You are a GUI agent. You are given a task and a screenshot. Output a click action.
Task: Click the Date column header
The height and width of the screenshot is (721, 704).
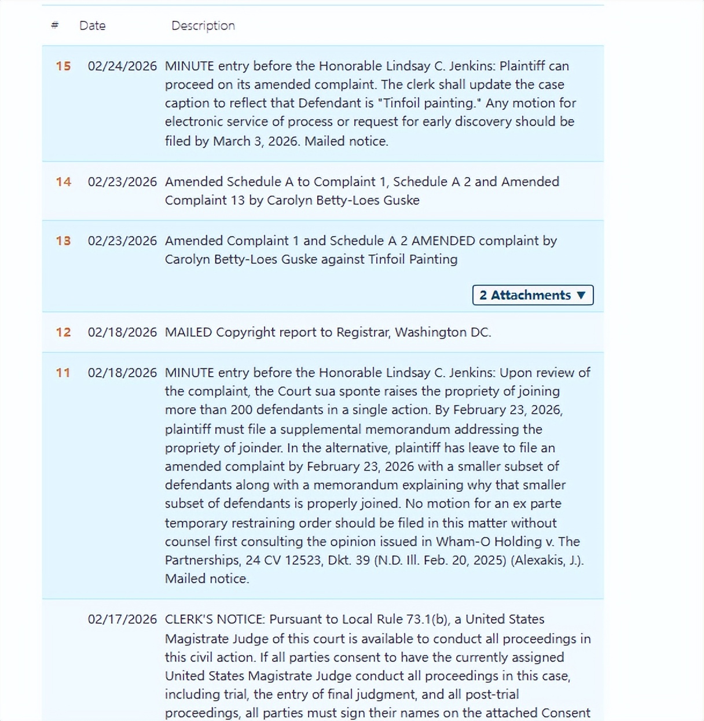(x=92, y=25)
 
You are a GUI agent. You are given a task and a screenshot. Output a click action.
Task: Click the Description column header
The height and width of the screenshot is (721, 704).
(x=203, y=25)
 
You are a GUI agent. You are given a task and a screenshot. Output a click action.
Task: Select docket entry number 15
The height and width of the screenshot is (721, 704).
(x=63, y=66)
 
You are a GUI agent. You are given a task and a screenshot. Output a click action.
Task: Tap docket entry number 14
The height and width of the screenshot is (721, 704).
(x=63, y=182)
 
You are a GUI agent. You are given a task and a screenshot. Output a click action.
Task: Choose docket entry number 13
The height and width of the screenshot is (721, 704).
(x=63, y=241)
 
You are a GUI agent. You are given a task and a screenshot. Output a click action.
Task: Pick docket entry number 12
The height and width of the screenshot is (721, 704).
(x=63, y=332)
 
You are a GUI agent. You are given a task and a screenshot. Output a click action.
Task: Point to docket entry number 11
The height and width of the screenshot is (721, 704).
(x=63, y=373)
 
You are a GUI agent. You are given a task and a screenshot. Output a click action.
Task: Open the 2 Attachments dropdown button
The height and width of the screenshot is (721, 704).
(x=533, y=295)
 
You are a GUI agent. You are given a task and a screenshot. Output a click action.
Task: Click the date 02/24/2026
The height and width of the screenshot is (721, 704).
(x=122, y=66)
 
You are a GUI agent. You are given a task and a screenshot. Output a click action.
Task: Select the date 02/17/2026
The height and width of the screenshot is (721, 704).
(x=122, y=619)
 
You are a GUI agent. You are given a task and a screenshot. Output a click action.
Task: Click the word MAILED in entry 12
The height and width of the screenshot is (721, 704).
(x=188, y=332)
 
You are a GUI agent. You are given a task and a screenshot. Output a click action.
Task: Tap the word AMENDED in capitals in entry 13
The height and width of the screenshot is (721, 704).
(x=443, y=241)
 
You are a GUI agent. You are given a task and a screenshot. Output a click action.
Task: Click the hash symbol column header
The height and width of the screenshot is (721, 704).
(x=55, y=25)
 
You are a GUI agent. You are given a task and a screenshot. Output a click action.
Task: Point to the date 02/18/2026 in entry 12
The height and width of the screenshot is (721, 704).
(x=122, y=332)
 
